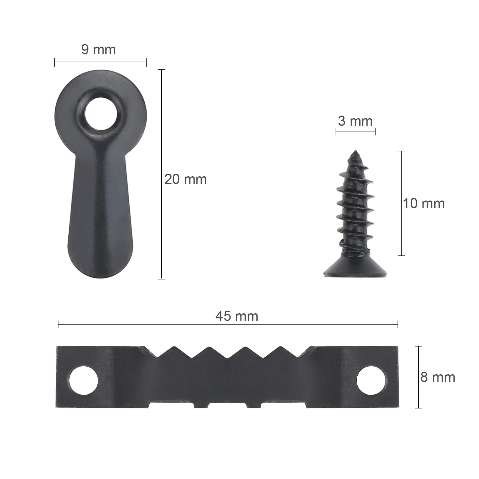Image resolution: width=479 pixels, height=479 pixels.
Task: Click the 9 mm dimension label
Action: pyautogui.click(x=98, y=50)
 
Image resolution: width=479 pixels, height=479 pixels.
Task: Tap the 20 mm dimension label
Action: pyautogui.click(x=186, y=179)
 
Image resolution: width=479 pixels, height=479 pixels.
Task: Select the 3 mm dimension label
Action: pyautogui.click(x=355, y=121)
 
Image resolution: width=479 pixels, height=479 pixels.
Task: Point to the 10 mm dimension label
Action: pyautogui.click(x=423, y=203)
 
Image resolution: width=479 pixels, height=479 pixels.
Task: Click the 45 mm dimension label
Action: pyautogui.click(x=237, y=316)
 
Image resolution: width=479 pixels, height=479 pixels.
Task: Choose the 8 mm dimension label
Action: pyautogui.click(x=437, y=377)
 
